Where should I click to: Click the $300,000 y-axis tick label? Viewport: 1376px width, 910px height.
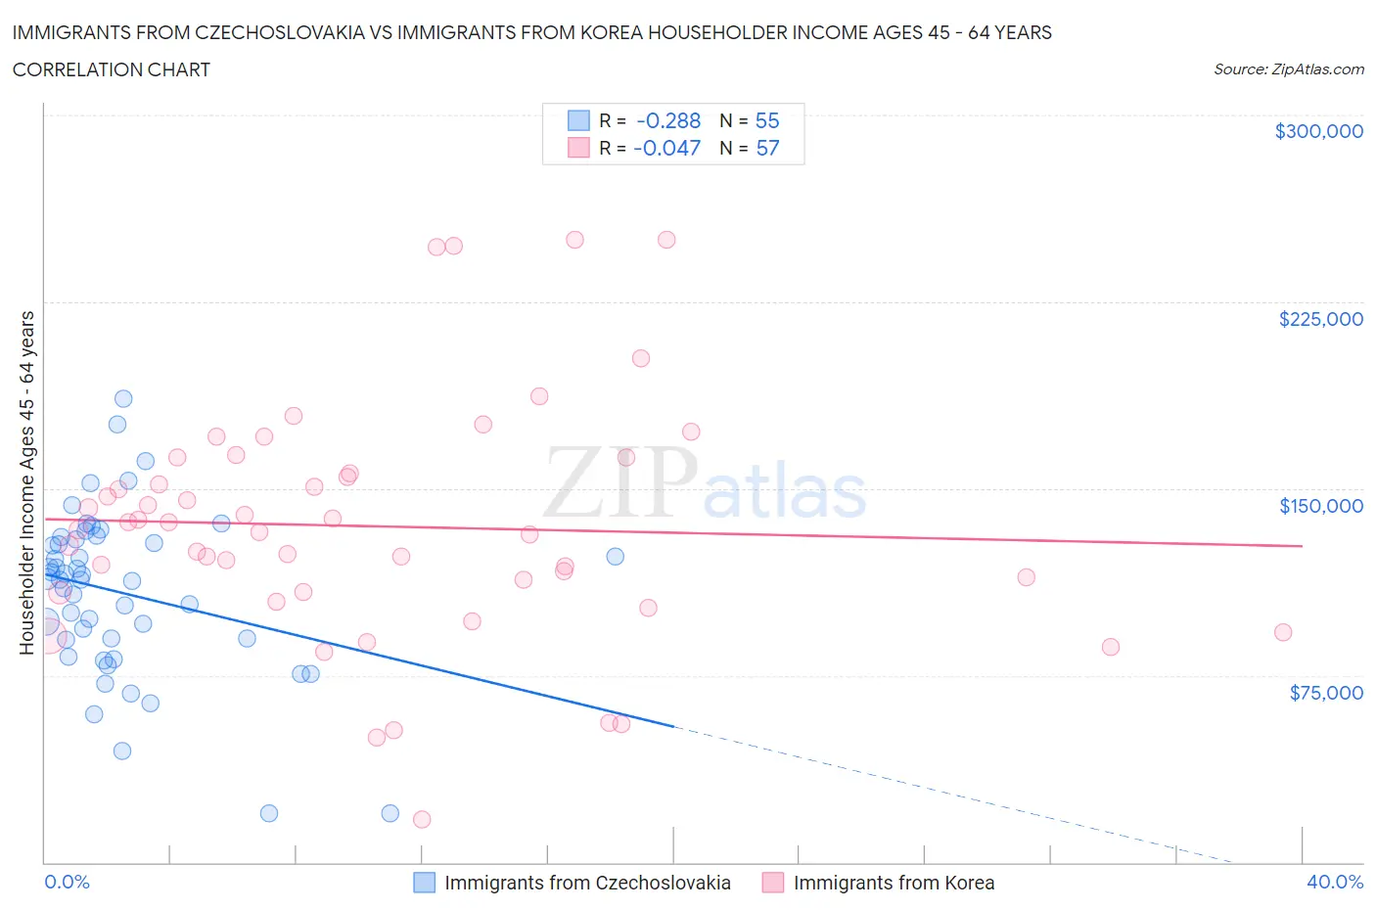coord(1318,131)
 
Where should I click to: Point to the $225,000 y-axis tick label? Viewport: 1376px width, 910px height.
coord(1320,319)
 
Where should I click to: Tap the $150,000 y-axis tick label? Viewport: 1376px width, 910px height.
coord(1320,506)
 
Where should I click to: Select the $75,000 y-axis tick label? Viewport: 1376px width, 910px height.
coord(1325,693)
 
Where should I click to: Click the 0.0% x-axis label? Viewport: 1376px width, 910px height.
coord(67,882)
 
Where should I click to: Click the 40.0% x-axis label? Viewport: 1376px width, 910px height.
coord(1334,882)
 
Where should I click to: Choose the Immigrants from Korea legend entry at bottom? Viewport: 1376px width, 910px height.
coord(878,883)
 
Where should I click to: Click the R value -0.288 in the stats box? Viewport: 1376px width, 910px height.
coord(667,120)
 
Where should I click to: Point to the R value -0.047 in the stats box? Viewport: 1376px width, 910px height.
coord(666,148)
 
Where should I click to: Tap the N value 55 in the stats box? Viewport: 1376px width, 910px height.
coord(767,120)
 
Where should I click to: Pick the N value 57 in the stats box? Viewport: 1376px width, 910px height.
coord(767,148)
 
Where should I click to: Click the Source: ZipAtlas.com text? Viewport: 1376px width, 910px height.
coord(1288,69)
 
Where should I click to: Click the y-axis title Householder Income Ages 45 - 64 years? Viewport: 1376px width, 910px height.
coord(26,482)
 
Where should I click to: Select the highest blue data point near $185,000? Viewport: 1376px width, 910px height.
coord(123,398)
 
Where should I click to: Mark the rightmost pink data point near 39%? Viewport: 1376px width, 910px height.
coord(1283,632)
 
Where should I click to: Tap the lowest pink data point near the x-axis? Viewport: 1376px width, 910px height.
coord(422,819)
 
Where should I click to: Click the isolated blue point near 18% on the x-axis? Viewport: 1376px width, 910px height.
coord(616,556)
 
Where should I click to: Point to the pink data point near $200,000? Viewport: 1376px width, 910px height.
coord(641,358)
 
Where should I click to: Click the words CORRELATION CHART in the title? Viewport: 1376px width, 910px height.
coord(112,69)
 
